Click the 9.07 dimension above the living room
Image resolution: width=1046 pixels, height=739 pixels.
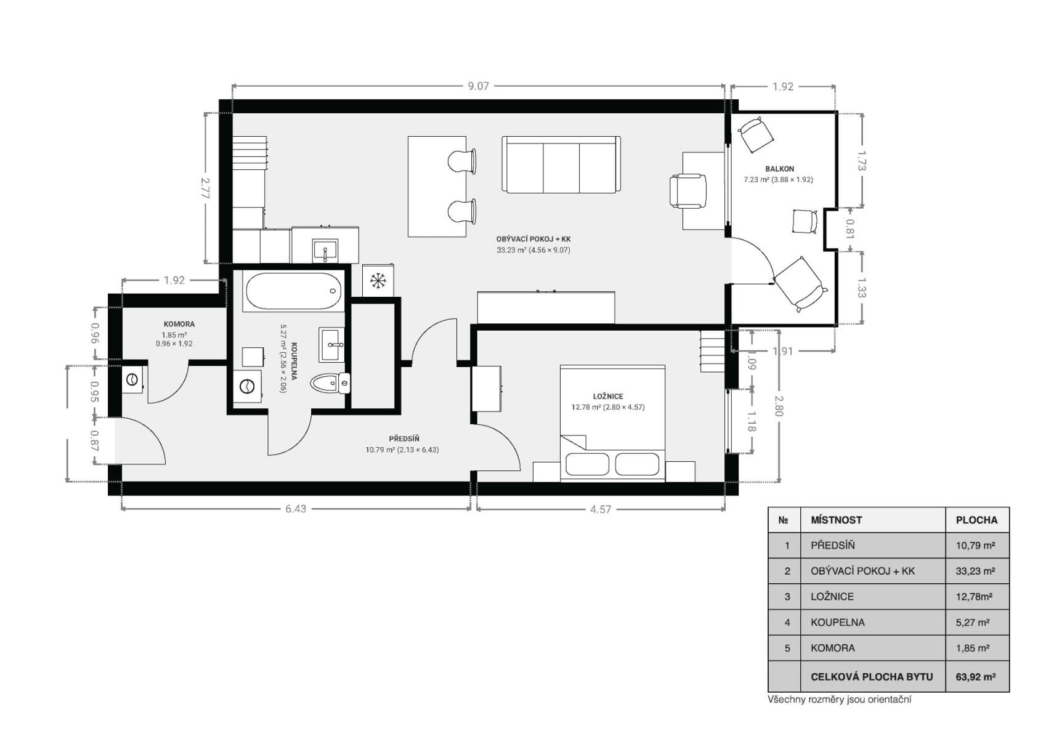[478, 86]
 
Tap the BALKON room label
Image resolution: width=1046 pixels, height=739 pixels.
[779, 169]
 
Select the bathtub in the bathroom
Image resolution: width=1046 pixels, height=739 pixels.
[293, 291]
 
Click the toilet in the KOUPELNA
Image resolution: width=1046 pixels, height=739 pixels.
[330, 384]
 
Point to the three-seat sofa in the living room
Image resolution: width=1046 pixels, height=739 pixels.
[561, 165]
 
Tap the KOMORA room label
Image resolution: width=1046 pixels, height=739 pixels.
[179, 324]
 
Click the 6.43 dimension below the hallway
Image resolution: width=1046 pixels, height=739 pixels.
[296, 509]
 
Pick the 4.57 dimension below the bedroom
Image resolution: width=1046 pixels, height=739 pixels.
[600, 509]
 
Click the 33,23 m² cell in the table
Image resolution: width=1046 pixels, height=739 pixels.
[975, 571]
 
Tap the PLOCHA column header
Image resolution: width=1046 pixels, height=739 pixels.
[976, 520]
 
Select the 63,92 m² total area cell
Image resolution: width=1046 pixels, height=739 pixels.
[975, 677]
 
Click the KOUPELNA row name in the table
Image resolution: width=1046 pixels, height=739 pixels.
[837, 623]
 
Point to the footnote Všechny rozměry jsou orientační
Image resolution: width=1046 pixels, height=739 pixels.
[839, 700]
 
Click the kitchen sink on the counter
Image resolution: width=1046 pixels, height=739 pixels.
[325, 251]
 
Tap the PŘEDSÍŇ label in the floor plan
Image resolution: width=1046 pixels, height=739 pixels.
[403, 438]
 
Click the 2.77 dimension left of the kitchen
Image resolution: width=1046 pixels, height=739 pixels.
[206, 187]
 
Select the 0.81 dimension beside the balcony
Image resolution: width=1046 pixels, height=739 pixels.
[849, 229]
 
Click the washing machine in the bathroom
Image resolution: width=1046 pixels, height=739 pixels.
[248, 386]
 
